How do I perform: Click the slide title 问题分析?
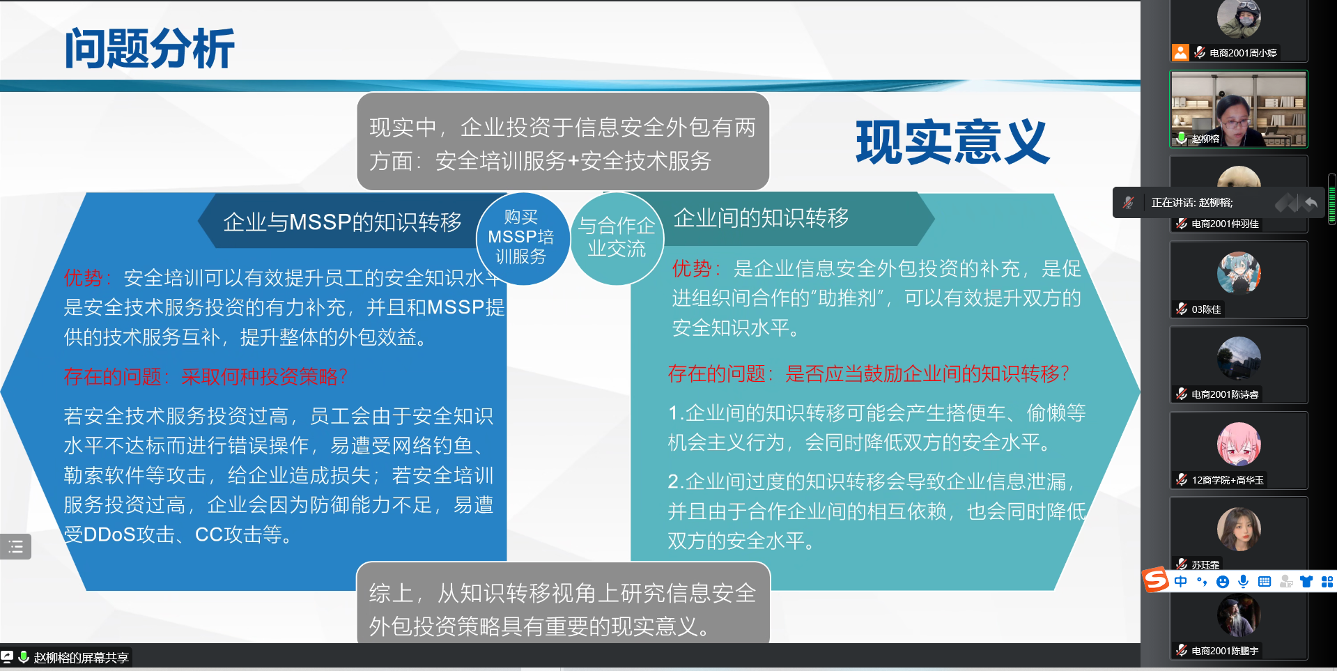click(149, 48)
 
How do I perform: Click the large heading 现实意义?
click(952, 142)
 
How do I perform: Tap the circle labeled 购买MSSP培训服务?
click(521, 238)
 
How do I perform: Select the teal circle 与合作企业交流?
click(617, 238)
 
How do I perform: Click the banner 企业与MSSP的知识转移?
click(341, 222)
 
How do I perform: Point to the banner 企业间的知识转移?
click(762, 218)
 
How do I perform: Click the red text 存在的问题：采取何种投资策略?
click(206, 377)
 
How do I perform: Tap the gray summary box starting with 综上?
click(563, 603)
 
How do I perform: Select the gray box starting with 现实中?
click(563, 141)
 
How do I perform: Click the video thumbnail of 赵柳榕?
click(1238, 109)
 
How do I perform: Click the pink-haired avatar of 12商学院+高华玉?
click(1239, 445)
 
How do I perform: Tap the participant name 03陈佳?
click(1206, 309)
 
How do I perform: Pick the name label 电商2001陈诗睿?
click(1225, 394)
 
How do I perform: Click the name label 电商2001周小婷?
click(1243, 53)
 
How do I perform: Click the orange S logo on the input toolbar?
click(1156, 580)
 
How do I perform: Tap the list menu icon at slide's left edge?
click(15, 547)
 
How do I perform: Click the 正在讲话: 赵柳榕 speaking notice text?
click(1192, 203)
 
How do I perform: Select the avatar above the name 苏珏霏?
click(1239, 530)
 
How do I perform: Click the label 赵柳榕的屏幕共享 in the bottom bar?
click(81, 658)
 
